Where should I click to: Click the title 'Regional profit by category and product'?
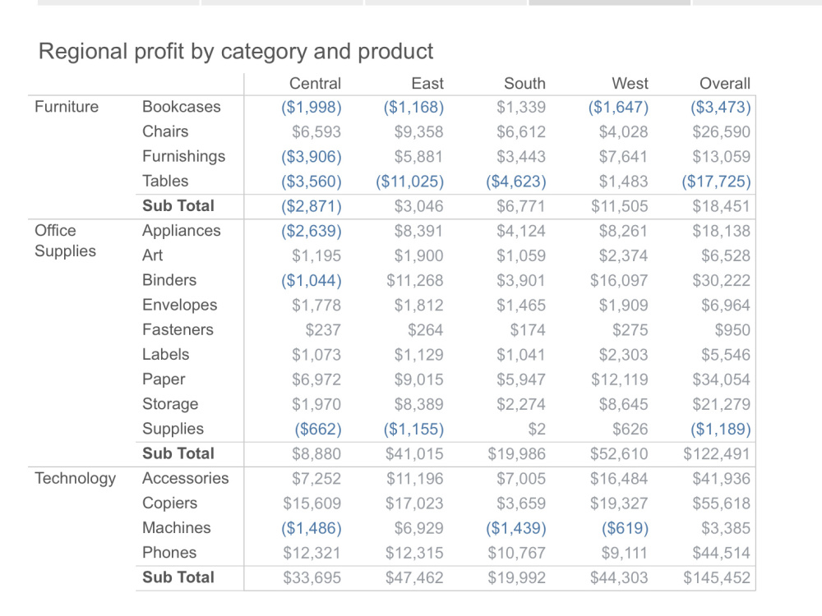pos(236,52)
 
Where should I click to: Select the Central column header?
pos(315,83)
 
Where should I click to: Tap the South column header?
pos(524,83)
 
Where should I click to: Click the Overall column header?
pos(724,83)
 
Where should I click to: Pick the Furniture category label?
pos(67,107)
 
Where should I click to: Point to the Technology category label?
pos(75,478)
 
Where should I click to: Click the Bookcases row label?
pos(182,107)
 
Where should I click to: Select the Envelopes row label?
pos(179,305)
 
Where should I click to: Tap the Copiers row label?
pos(169,503)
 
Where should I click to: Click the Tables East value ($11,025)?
pos(409,181)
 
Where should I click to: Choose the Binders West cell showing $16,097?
pos(619,280)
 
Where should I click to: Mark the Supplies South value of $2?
pos(537,429)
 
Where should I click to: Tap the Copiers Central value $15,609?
pos(312,503)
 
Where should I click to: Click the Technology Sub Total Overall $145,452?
pos(716,577)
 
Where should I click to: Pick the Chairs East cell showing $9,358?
pos(418,131)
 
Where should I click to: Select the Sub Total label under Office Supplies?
pos(178,453)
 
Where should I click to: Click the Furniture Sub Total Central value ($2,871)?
pos(311,205)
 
